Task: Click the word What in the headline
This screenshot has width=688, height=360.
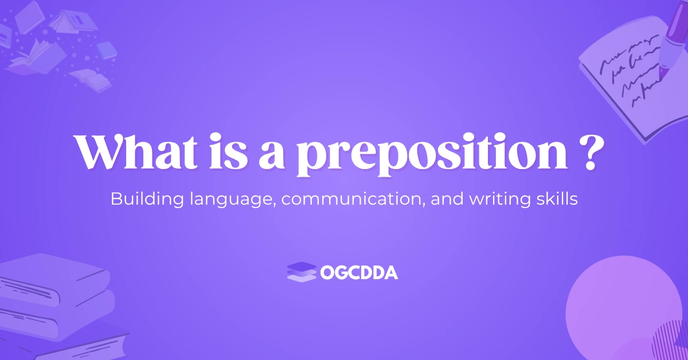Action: tap(136, 151)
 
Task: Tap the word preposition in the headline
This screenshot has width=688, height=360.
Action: tap(432, 155)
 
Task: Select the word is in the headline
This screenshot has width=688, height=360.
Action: tap(229, 151)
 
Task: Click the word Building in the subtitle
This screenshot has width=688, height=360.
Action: tap(147, 199)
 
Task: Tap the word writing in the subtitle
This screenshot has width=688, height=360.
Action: tap(499, 199)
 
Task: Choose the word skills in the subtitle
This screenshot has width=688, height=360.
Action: tap(557, 198)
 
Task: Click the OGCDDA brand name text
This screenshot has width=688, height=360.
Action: tap(359, 272)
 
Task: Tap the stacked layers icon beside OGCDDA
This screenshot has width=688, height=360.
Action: tap(302, 272)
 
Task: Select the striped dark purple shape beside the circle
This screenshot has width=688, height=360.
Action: tap(671, 341)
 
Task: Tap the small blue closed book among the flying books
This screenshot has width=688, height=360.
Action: tap(107, 50)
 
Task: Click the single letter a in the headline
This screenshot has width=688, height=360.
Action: tap(272, 156)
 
